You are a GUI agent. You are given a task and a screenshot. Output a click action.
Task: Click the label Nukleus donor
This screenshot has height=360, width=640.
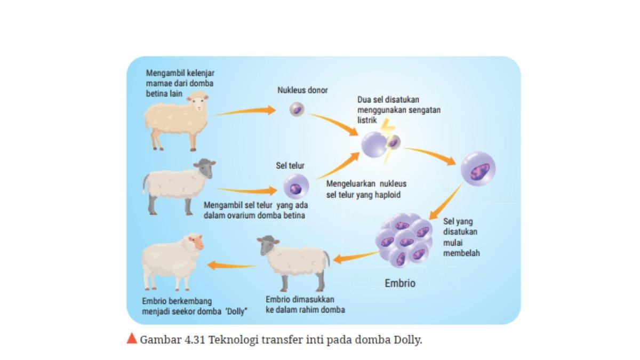(302, 91)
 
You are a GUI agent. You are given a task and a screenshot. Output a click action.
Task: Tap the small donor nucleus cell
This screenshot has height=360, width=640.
(296, 110)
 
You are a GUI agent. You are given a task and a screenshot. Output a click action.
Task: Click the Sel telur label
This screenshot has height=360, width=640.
(290, 166)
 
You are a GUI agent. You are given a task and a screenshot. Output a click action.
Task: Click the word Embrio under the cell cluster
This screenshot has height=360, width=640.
(399, 283)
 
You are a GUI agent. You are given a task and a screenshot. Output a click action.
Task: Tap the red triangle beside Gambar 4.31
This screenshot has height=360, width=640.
(132, 339)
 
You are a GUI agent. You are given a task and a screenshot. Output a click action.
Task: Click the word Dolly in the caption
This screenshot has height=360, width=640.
(407, 340)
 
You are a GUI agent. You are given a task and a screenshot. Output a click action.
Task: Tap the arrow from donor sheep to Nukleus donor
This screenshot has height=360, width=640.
(245, 111)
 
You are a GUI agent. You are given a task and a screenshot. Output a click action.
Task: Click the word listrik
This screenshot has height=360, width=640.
(367, 121)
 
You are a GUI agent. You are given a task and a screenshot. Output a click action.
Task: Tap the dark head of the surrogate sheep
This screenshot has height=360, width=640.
(268, 245)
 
